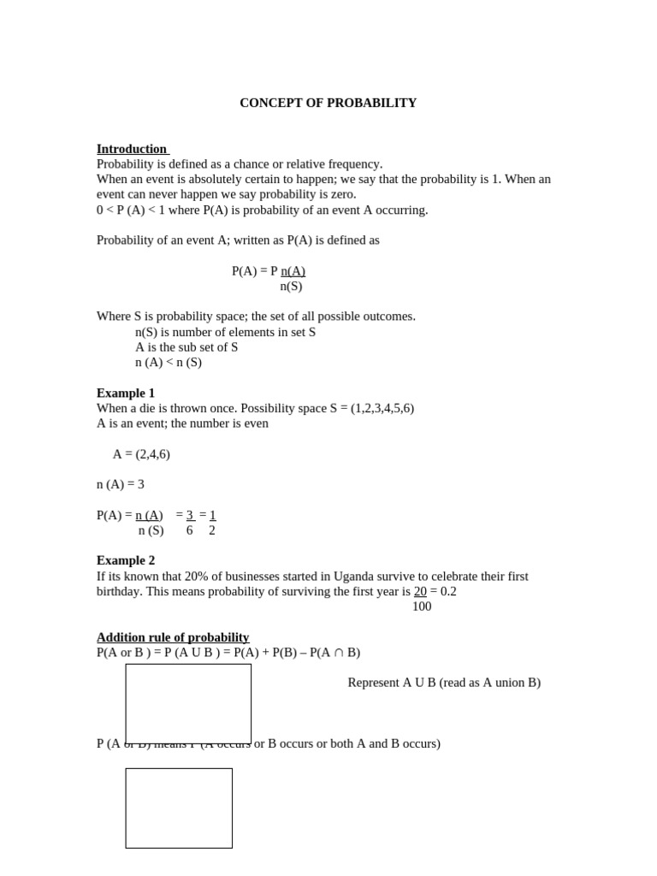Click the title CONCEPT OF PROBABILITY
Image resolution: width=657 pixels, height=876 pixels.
[x=328, y=103]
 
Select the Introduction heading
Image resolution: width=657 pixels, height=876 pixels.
[x=132, y=149]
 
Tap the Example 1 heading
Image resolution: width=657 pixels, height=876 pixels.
[x=126, y=393]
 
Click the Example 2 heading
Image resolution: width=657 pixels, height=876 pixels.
[x=126, y=560]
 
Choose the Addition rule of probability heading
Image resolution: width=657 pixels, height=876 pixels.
[x=173, y=637]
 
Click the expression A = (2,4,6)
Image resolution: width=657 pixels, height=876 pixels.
[x=141, y=454]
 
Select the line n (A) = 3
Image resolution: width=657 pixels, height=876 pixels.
[x=121, y=484]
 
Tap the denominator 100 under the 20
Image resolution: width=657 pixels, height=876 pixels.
[x=422, y=607]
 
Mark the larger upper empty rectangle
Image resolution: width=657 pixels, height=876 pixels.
[x=188, y=703]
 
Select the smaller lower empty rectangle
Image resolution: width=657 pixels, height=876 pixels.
[x=179, y=808]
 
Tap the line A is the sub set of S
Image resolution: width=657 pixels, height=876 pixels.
[x=186, y=347]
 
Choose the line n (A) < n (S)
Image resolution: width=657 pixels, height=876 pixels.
[x=169, y=362]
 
